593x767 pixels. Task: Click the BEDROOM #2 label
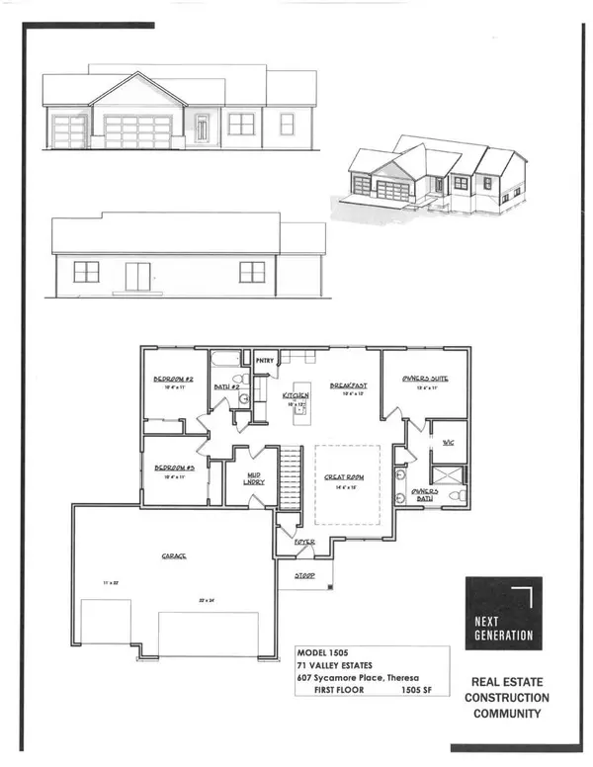click(171, 381)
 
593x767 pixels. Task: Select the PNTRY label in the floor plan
click(265, 362)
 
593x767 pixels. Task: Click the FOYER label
click(302, 543)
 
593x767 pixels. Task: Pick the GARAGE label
click(176, 555)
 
